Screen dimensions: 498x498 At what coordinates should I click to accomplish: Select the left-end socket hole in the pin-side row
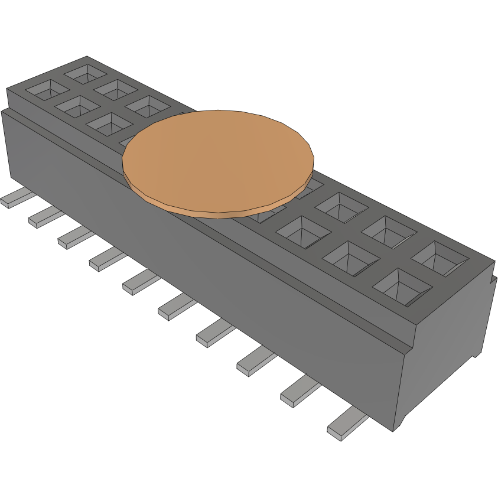tap(47, 90)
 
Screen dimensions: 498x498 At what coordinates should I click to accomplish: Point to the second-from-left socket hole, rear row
tap(116, 89)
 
